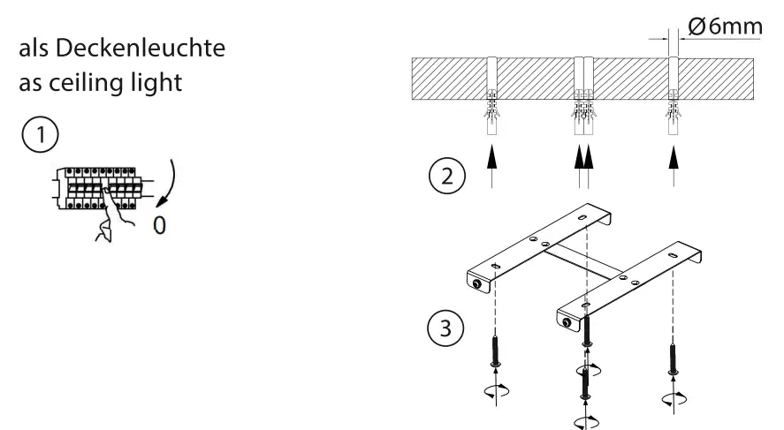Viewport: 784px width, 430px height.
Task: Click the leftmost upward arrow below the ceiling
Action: click(x=493, y=165)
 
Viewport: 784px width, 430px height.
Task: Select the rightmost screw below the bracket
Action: click(x=674, y=354)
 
